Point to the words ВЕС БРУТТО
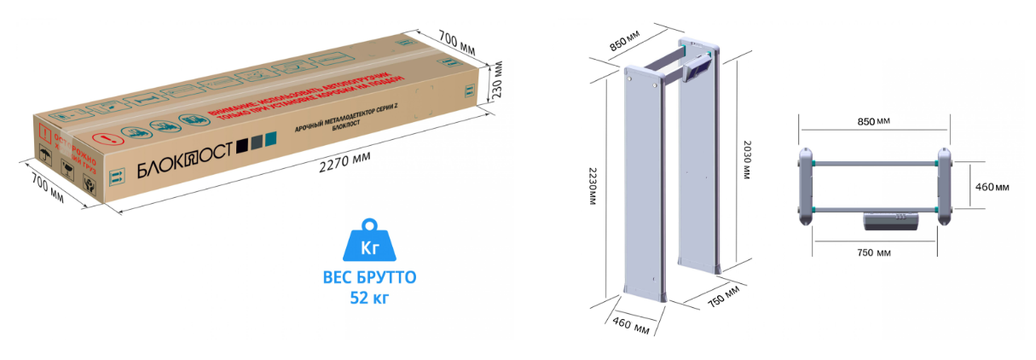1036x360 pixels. [369, 278]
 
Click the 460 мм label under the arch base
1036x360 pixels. [629, 328]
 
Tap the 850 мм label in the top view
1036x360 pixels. [871, 122]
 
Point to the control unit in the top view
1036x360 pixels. [891, 221]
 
